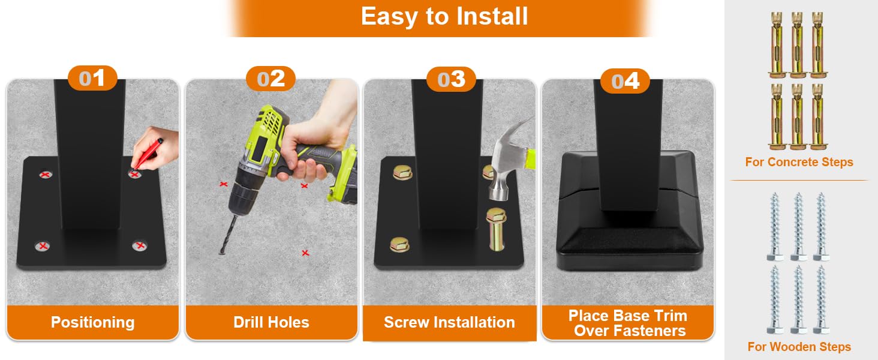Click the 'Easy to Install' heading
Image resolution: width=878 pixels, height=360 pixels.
[x=444, y=16]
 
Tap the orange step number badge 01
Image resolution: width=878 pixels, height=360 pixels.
[x=92, y=78]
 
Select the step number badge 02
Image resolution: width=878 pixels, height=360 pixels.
[x=271, y=79]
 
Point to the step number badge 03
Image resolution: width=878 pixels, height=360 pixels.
[x=451, y=79]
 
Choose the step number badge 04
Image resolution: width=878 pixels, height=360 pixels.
[x=625, y=81]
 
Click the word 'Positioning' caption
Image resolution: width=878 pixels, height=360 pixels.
[x=93, y=322]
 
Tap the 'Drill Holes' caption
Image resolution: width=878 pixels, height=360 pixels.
[x=271, y=322]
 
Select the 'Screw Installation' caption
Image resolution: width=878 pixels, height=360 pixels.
[x=449, y=322]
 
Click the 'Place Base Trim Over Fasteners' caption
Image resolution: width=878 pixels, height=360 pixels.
[x=629, y=323]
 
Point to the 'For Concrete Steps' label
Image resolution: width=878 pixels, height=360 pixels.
[x=799, y=162]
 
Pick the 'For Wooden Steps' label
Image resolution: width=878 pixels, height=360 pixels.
[x=799, y=347]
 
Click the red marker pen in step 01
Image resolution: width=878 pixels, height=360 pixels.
[x=146, y=155]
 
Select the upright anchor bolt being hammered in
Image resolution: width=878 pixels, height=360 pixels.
[x=496, y=229]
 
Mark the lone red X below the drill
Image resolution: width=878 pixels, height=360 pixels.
[x=305, y=253]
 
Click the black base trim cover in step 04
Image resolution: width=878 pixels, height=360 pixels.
[x=630, y=212]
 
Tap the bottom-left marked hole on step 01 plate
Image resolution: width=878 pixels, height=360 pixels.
[x=43, y=246]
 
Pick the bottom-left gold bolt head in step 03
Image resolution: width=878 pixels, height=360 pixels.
[x=400, y=244]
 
